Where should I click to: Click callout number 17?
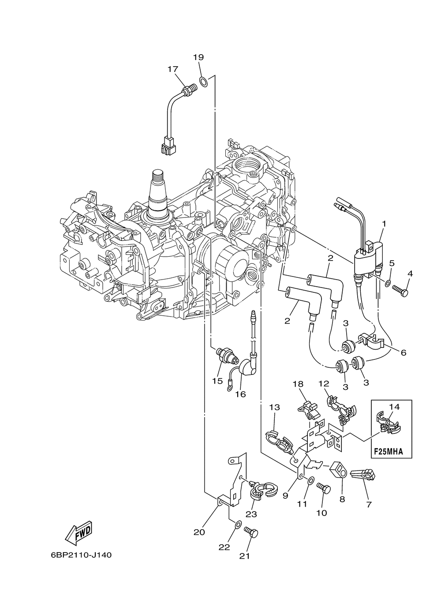pos(173,69)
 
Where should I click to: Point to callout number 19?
pos(198,57)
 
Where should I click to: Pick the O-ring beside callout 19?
pos(204,82)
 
